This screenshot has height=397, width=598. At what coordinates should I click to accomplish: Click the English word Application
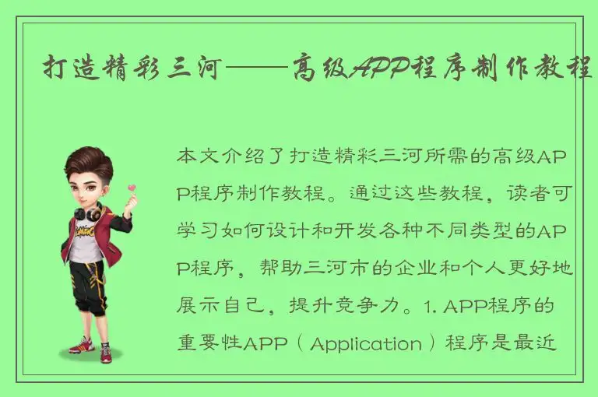click(365, 343)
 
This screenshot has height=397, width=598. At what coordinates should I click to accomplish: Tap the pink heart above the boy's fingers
click(131, 188)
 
